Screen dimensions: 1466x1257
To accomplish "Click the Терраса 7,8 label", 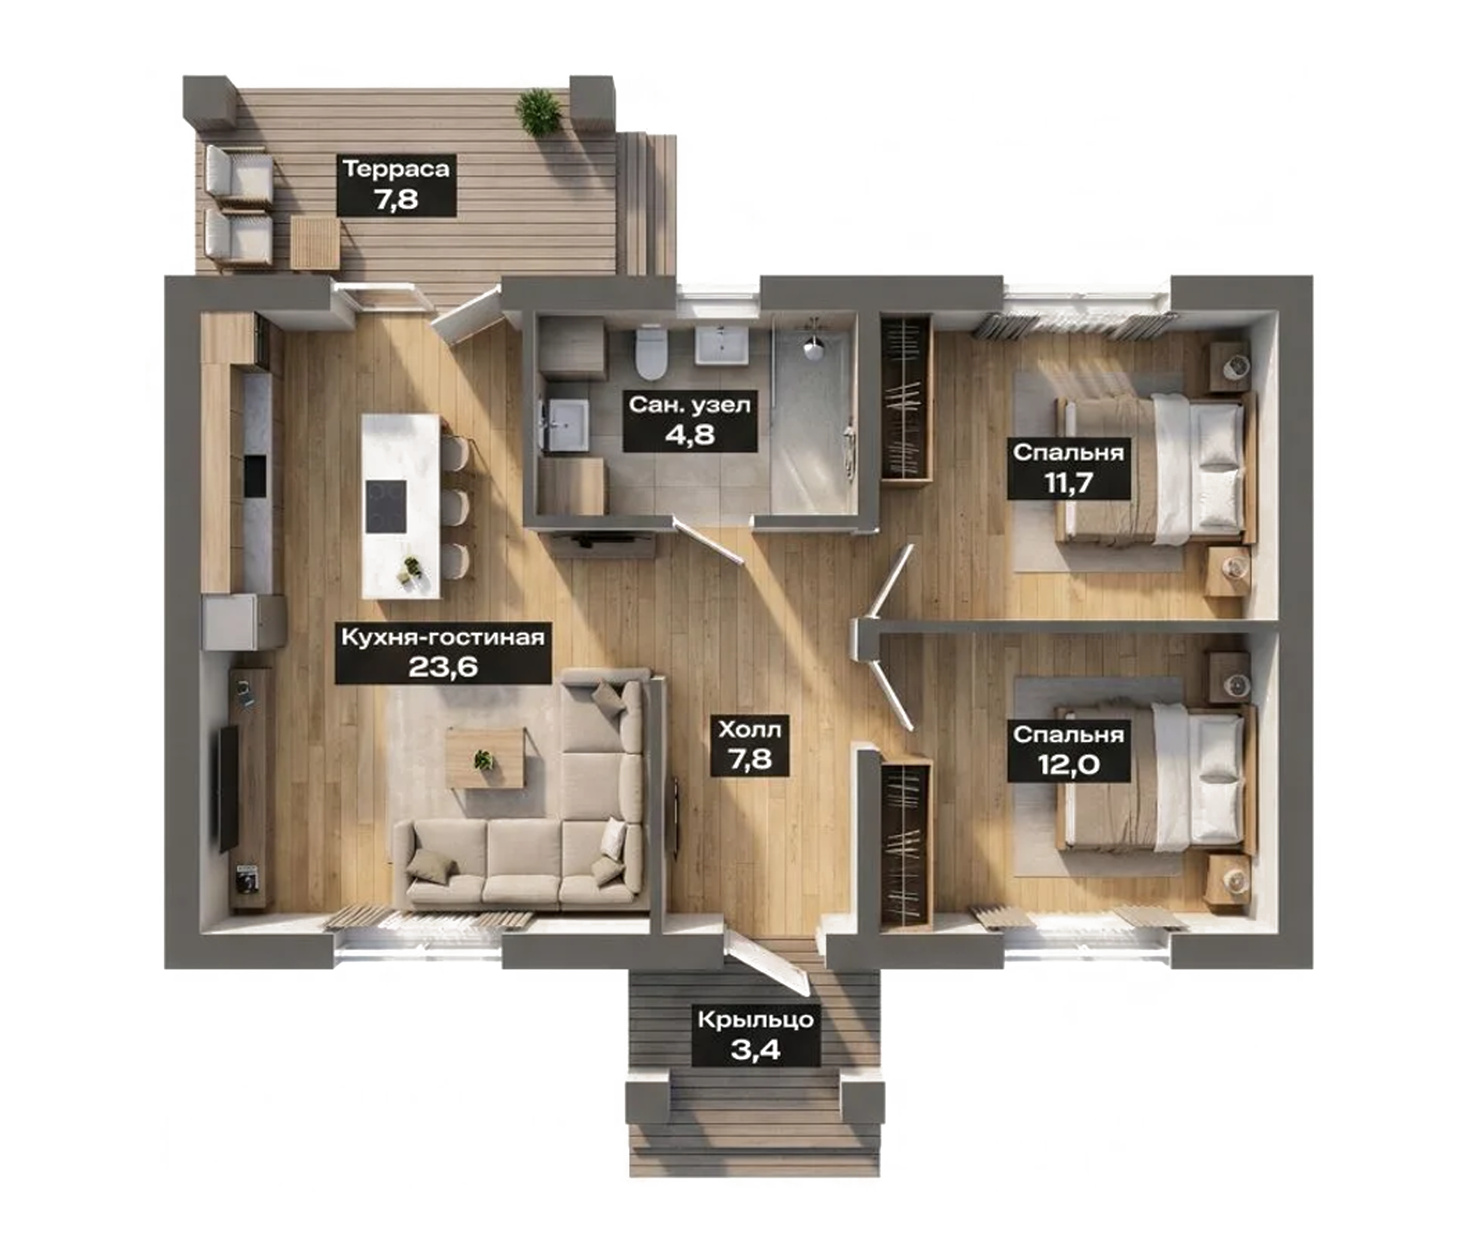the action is [396, 185].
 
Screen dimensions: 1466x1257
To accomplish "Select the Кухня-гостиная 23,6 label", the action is [443, 651].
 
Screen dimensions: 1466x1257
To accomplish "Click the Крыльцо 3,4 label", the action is [755, 1035].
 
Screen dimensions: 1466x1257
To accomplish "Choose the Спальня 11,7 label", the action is [1068, 468].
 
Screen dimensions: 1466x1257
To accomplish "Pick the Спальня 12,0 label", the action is [1068, 751].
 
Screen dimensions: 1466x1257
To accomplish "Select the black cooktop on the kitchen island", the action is [386, 506].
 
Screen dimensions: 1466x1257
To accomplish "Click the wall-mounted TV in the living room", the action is [227, 787].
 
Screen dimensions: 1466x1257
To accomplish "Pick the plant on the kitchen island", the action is [409, 570].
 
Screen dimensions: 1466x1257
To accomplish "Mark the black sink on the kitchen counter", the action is [255, 475].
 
